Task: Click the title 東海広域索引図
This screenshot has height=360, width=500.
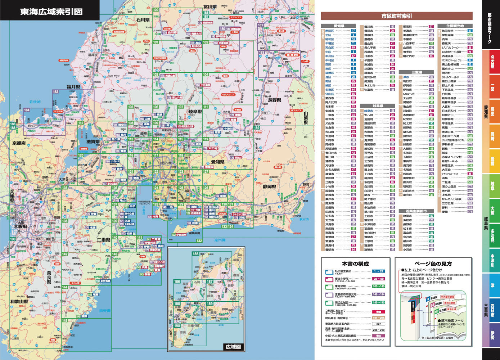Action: click(x=51, y=11)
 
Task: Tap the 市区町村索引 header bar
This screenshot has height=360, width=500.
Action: click(x=396, y=16)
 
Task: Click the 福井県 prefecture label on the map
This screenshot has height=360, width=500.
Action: click(x=73, y=87)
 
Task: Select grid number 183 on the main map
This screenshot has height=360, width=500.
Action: click(x=55, y=92)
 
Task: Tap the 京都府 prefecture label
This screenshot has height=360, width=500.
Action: click(x=17, y=143)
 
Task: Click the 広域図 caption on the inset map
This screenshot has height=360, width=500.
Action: click(x=233, y=347)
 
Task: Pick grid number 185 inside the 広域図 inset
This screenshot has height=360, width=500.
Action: click(x=195, y=254)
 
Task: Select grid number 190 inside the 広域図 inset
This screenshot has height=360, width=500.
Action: click(x=177, y=325)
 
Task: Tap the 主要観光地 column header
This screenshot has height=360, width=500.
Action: click(x=455, y=26)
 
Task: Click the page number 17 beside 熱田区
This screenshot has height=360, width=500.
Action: click(x=353, y=31)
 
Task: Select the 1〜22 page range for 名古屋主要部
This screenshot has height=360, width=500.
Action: click(x=379, y=271)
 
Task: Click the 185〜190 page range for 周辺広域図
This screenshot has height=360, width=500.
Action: click(x=379, y=303)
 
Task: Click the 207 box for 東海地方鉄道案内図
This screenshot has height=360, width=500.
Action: click(x=379, y=324)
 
